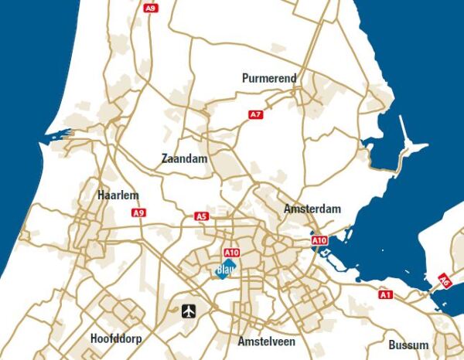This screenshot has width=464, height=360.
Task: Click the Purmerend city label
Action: click(x=269, y=78)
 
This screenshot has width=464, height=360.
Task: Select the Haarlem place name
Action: click(x=118, y=195)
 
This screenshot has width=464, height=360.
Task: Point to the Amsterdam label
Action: click(x=312, y=209)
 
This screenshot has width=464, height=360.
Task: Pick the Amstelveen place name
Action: click(x=267, y=341)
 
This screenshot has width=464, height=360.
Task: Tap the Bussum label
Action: click(x=408, y=345)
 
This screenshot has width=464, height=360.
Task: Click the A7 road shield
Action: click(x=256, y=114)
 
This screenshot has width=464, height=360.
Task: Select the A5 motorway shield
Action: click(x=202, y=216)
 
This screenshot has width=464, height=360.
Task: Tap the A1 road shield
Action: click(x=386, y=294)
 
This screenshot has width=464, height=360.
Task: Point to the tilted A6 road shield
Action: click(x=444, y=280)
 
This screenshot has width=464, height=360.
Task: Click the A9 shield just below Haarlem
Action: click(x=138, y=212)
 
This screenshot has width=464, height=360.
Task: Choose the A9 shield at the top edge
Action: click(x=152, y=8)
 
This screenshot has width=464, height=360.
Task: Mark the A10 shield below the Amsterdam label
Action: click(x=320, y=241)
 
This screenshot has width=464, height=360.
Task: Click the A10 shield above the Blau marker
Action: click(x=231, y=253)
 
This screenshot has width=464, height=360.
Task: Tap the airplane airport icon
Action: click(x=189, y=311)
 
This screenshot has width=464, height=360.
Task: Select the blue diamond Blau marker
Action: click(x=224, y=270)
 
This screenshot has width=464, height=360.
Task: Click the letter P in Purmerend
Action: click(x=245, y=78)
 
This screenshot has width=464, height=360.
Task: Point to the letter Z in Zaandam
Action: click(x=165, y=158)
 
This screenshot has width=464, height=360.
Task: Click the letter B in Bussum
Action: click(x=392, y=345)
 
